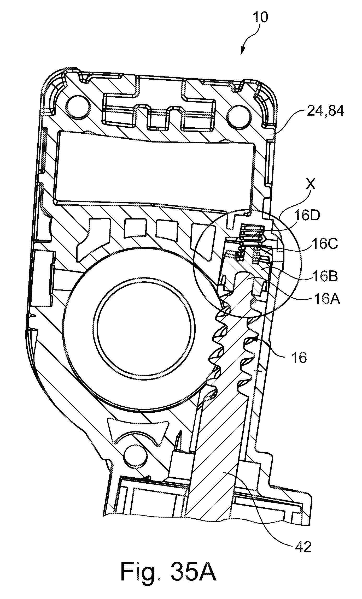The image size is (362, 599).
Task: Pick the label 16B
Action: click(324, 276)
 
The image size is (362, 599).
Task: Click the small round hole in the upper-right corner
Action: click(240, 115)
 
